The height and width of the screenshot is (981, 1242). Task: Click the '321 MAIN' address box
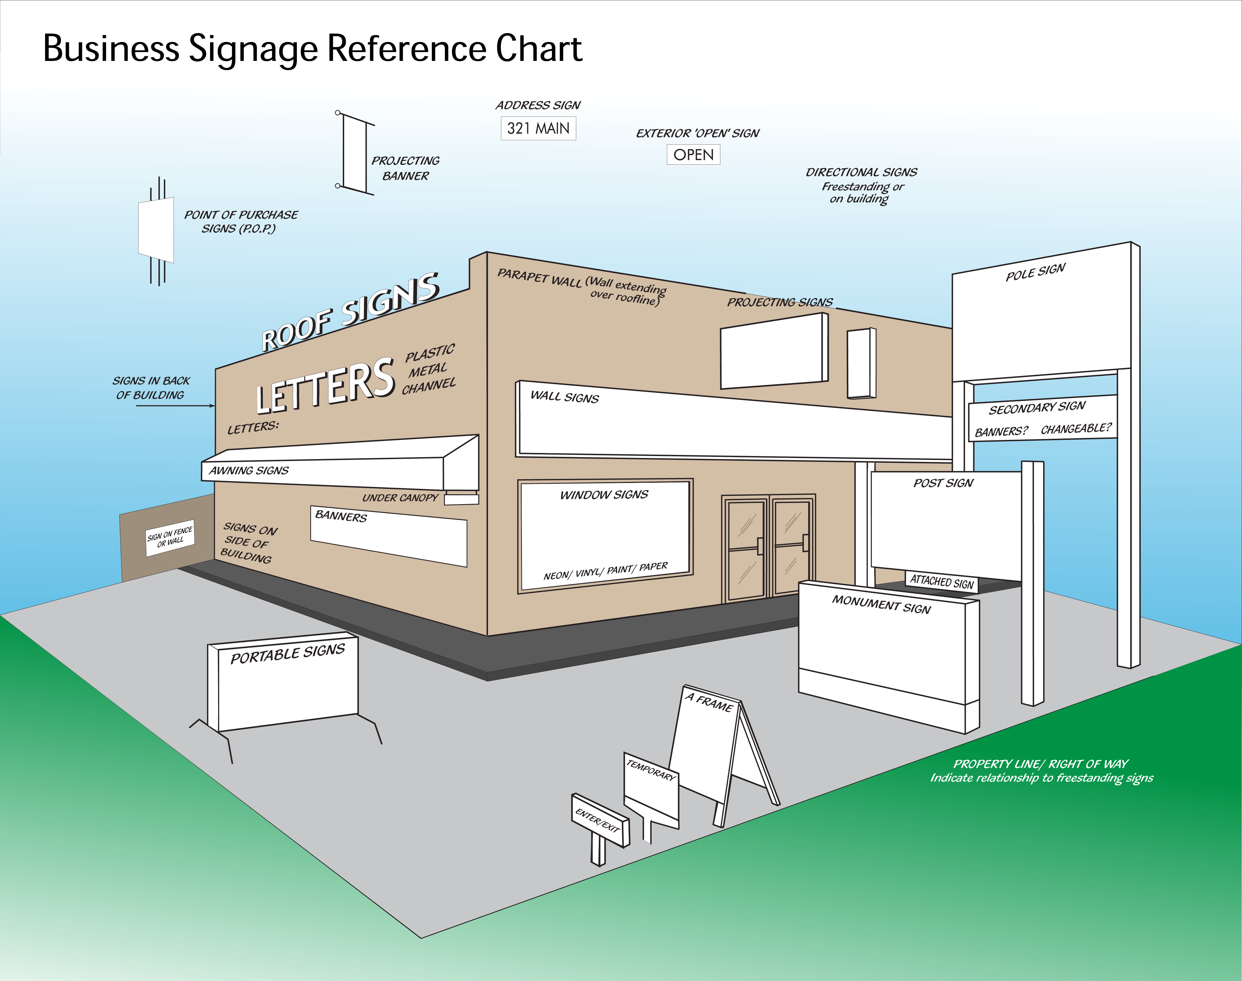coord(538,128)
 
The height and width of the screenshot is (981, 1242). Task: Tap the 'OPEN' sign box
coord(693,155)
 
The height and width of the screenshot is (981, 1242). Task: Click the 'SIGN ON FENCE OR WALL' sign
coord(170,537)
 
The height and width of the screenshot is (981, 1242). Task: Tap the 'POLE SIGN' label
coord(1036,272)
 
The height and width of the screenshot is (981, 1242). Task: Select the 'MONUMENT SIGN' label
coord(881,604)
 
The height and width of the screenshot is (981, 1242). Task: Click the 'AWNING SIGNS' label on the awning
coord(249,470)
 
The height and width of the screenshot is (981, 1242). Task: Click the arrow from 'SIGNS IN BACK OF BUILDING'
coord(175,405)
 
